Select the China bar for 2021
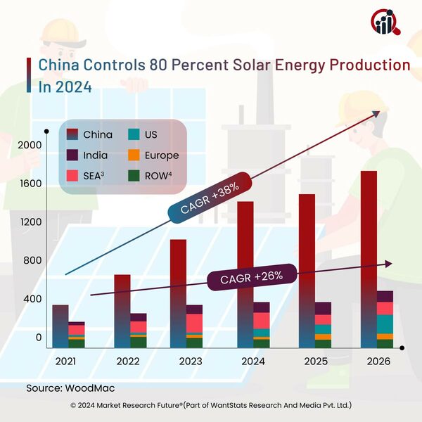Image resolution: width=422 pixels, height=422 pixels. point(60,326)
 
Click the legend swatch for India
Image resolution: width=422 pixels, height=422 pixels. point(71,155)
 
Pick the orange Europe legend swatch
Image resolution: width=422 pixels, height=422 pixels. point(133,155)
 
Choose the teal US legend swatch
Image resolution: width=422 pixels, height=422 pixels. point(133,134)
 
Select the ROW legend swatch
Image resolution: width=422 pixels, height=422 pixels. point(133,176)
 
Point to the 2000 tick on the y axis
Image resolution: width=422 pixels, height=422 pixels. point(30,145)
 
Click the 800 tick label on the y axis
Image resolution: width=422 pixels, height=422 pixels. point(33,260)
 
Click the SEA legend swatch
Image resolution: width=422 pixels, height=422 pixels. point(71,176)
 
